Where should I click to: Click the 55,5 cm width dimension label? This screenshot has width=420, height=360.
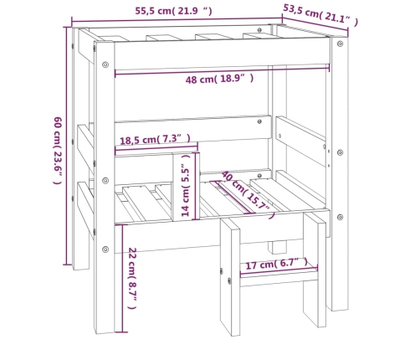click(173, 11)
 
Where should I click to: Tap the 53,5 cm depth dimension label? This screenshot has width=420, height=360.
click(320, 16)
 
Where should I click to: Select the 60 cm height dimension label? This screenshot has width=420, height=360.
click(58, 151)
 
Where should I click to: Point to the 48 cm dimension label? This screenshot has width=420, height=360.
click(219, 79)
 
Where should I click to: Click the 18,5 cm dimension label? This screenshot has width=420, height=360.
click(156, 139)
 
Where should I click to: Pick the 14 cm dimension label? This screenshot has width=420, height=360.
click(186, 185)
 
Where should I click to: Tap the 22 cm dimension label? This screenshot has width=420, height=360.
click(132, 278)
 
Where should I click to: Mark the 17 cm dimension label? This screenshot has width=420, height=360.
click(276, 264)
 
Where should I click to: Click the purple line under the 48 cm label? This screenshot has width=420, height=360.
click(222, 70)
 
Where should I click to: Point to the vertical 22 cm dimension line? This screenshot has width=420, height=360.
click(122, 278)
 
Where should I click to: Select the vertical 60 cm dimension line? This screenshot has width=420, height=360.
click(66, 146)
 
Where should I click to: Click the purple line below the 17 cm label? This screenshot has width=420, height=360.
click(279, 272)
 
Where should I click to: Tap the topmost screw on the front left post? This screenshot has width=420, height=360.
click(105, 64)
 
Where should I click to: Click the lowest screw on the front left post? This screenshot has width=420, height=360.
click(105, 249)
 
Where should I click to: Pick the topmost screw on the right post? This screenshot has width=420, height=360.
click(340, 44)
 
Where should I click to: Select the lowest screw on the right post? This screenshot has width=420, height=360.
click(340, 217)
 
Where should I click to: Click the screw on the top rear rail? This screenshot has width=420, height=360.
click(259, 30)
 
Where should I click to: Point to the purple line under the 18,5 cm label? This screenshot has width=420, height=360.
click(156, 150)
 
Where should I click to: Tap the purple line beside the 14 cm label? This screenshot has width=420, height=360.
click(197, 186)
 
